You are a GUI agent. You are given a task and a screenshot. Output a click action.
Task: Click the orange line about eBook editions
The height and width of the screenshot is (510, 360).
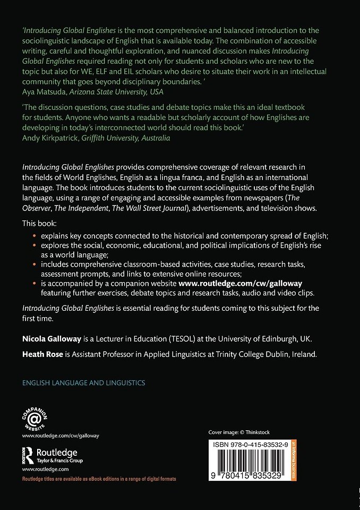99,479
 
